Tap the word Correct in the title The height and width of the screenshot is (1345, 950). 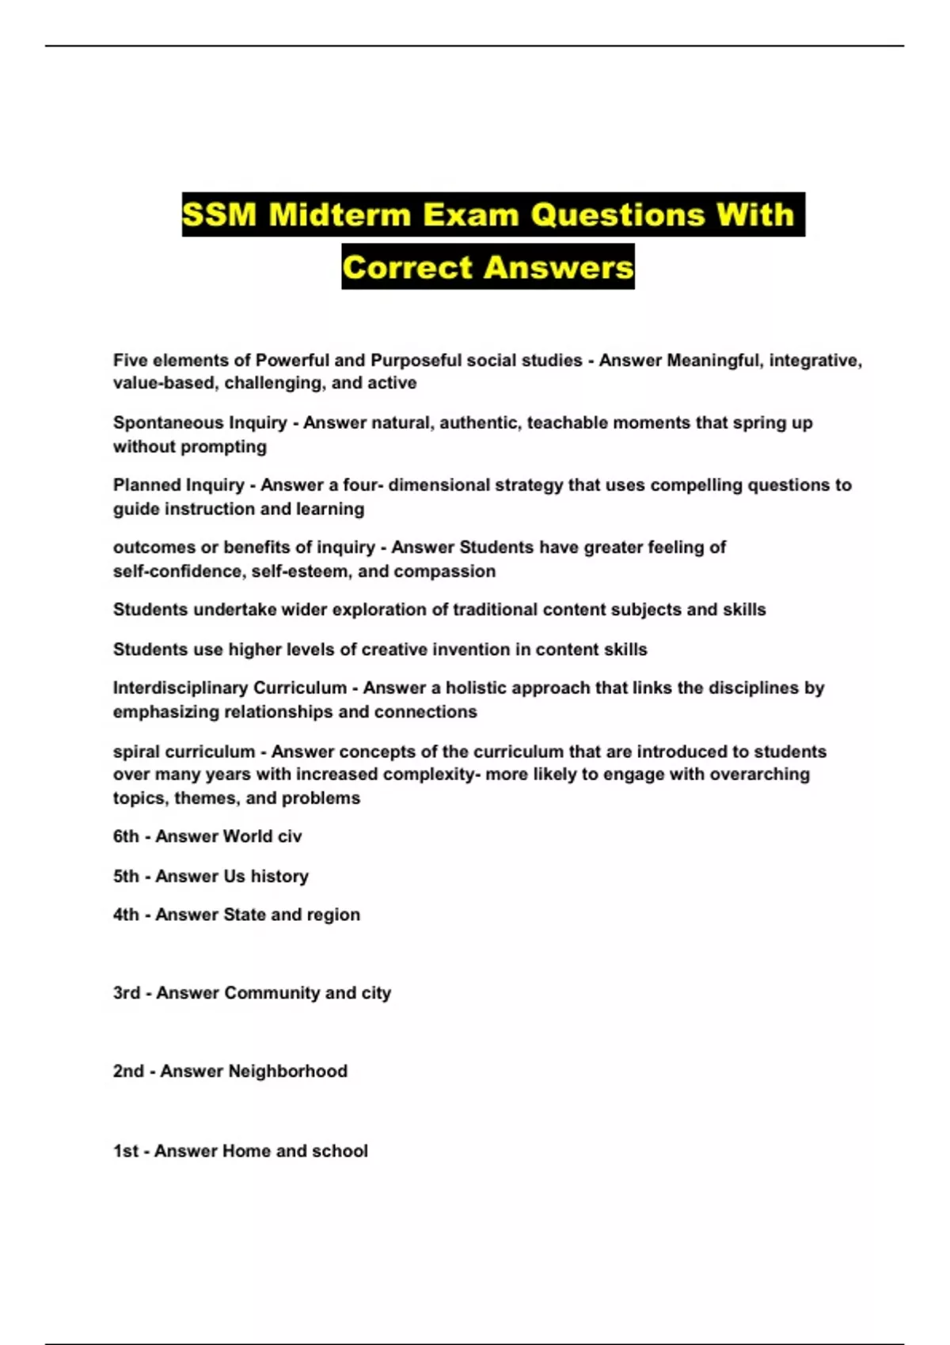408,267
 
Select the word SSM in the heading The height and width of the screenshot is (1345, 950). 219,214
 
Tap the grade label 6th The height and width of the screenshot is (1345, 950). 126,836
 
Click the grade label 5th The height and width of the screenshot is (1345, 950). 126,876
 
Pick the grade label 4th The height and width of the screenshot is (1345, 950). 126,915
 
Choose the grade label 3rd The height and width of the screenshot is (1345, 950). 127,993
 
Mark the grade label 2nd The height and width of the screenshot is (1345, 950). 128,1071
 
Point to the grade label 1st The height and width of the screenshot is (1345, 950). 126,1151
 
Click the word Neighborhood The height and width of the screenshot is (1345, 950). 287,1071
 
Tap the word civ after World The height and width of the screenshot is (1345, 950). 289,836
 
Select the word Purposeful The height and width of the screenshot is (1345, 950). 416,360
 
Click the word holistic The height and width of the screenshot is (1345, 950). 478,688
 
